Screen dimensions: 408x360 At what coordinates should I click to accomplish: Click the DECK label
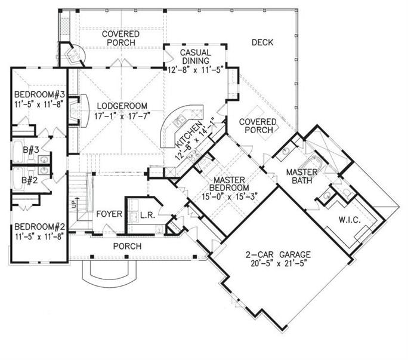tap(262, 42)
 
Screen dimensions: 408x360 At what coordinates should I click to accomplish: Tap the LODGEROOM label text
tap(122, 106)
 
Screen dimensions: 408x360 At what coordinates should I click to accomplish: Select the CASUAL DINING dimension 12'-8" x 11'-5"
tap(196, 70)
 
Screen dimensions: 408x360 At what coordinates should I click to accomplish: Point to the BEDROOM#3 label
tap(39, 94)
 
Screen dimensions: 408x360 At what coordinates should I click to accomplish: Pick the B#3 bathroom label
tap(30, 150)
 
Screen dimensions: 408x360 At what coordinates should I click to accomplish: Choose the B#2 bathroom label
tap(30, 180)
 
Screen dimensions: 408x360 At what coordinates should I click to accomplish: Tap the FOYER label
tap(109, 214)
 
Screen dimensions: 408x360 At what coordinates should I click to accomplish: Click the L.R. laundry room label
tap(147, 215)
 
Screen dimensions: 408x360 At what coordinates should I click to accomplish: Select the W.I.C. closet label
tap(350, 220)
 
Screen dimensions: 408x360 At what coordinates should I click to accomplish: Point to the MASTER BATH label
tap(302, 176)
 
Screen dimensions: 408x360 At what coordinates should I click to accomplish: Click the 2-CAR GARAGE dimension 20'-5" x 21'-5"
tap(277, 263)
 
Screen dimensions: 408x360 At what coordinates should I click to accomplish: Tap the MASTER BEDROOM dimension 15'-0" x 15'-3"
tap(230, 196)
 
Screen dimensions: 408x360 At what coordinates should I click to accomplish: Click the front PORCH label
tap(127, 246)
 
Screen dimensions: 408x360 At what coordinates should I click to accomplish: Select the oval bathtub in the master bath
tap(311, 164)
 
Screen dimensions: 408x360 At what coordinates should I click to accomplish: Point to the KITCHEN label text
tap(188, 135)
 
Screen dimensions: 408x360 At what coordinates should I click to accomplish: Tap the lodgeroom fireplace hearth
tap(85, 110)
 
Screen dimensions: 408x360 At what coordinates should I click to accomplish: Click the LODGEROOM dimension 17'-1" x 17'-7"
tap(122, 116)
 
